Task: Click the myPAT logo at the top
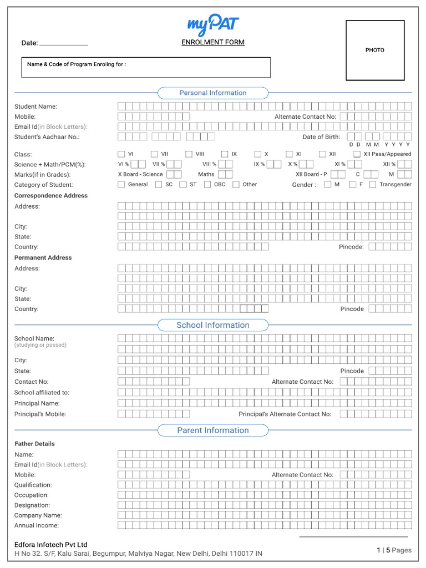coord(213,25)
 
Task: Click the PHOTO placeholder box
coord(374,50)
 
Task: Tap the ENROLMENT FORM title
coord(213,42)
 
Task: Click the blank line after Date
coord(64,43)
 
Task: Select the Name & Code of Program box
coord(146,67)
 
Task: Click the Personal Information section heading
coord(213,93)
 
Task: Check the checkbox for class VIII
coord(189,154)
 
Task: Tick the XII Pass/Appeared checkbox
coord(358,154)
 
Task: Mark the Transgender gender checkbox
coord(373,185)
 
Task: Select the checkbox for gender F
coord(352,185)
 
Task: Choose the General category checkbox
coord(121,185)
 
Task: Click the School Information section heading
coord(213,325)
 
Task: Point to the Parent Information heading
coord(213,430)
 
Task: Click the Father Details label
coord(34,444)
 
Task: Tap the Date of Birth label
coord(321,137)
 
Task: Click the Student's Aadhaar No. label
coord(47,137)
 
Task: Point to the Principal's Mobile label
coord(40,414)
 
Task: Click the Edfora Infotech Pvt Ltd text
coord(51,545)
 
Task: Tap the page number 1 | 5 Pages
coord(394,550)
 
